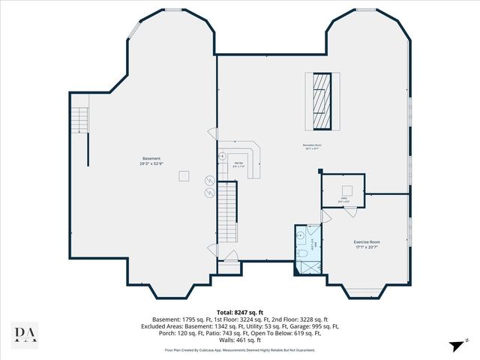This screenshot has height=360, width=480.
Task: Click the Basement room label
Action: click(x=151, y=158)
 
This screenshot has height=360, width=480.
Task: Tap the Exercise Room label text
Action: click(x=367, y=241)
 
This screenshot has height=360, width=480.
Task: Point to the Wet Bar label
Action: click(x=239, y=163)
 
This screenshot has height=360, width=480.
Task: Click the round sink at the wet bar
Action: click(x=223, y=156)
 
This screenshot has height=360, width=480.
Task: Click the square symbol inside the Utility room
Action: click(x=347, y=188)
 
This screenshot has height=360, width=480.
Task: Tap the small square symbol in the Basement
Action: click(x=183, y=175)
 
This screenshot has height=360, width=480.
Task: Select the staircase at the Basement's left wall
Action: click(x=78, y=119)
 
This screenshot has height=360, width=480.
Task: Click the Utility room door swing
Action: click(x=325, y=216)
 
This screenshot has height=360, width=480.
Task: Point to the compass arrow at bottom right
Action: click(x=454, y=346)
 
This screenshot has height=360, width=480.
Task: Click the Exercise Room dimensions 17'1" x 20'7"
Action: click(x=367, y=247)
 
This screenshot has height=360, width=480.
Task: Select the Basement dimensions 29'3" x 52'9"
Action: click(x=151, y=163)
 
